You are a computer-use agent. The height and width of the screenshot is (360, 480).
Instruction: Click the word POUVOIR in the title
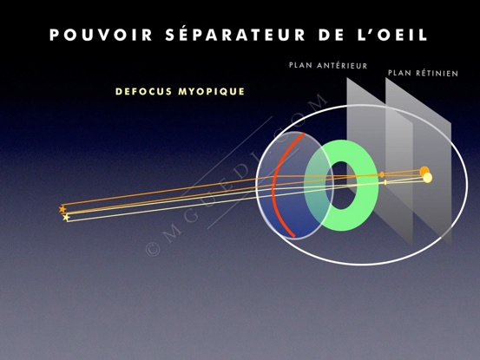pos(101,35)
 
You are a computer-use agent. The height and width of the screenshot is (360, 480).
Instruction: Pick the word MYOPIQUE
pos(212,91)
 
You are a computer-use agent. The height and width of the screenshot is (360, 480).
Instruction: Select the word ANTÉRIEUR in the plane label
pos(342,65)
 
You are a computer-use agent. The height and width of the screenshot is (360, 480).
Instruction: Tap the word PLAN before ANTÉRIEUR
pos(300,65)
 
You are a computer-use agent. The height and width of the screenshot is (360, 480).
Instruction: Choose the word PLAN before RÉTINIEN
pos(399,73)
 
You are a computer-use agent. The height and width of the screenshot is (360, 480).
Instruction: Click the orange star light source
pos(62,210)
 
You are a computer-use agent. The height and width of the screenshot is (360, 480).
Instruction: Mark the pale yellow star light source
pos(66,218)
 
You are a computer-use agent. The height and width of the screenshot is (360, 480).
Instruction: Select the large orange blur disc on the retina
pos(424,171)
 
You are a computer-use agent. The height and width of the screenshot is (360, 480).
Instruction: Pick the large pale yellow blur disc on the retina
pos(427,178)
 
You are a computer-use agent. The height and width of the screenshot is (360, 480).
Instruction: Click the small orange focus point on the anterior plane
pos(382,174)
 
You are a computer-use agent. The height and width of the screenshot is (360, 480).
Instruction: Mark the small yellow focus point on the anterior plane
pos(385,182)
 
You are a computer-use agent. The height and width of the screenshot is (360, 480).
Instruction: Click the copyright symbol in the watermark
pos(153,249)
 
